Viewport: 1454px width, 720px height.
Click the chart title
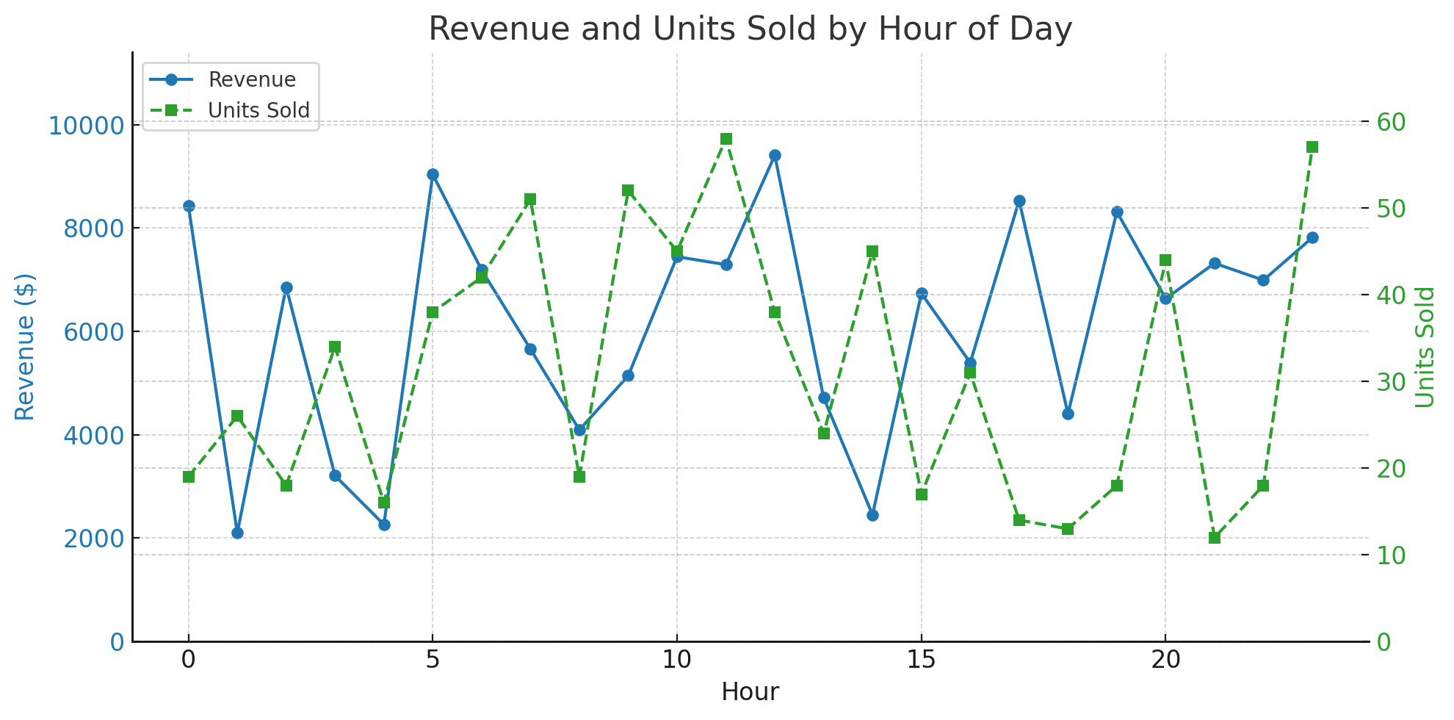click(750, 29)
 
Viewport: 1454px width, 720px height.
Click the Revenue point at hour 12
click(775, 156)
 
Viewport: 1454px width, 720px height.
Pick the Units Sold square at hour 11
click(726, 140)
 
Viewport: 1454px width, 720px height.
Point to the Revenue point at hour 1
click(237, 533)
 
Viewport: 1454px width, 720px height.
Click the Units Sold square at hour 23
click(1312, 147)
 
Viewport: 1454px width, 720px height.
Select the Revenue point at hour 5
click(433, 175)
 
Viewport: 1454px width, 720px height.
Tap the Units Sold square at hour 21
click(1215, 538)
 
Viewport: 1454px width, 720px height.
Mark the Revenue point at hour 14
click(872, 516)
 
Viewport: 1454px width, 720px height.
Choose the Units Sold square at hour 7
click(530, 200)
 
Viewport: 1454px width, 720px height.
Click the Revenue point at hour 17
click(1019, 201)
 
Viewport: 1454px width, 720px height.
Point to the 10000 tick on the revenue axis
click(87, 125)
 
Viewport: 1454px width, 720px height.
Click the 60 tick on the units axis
click(1391, 122)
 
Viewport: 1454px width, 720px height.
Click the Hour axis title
click(750, 692)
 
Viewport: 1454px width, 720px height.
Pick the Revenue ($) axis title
click(25, 347)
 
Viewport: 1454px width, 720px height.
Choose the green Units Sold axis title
click(1425, 347)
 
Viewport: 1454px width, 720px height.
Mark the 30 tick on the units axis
click(1391, 381)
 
